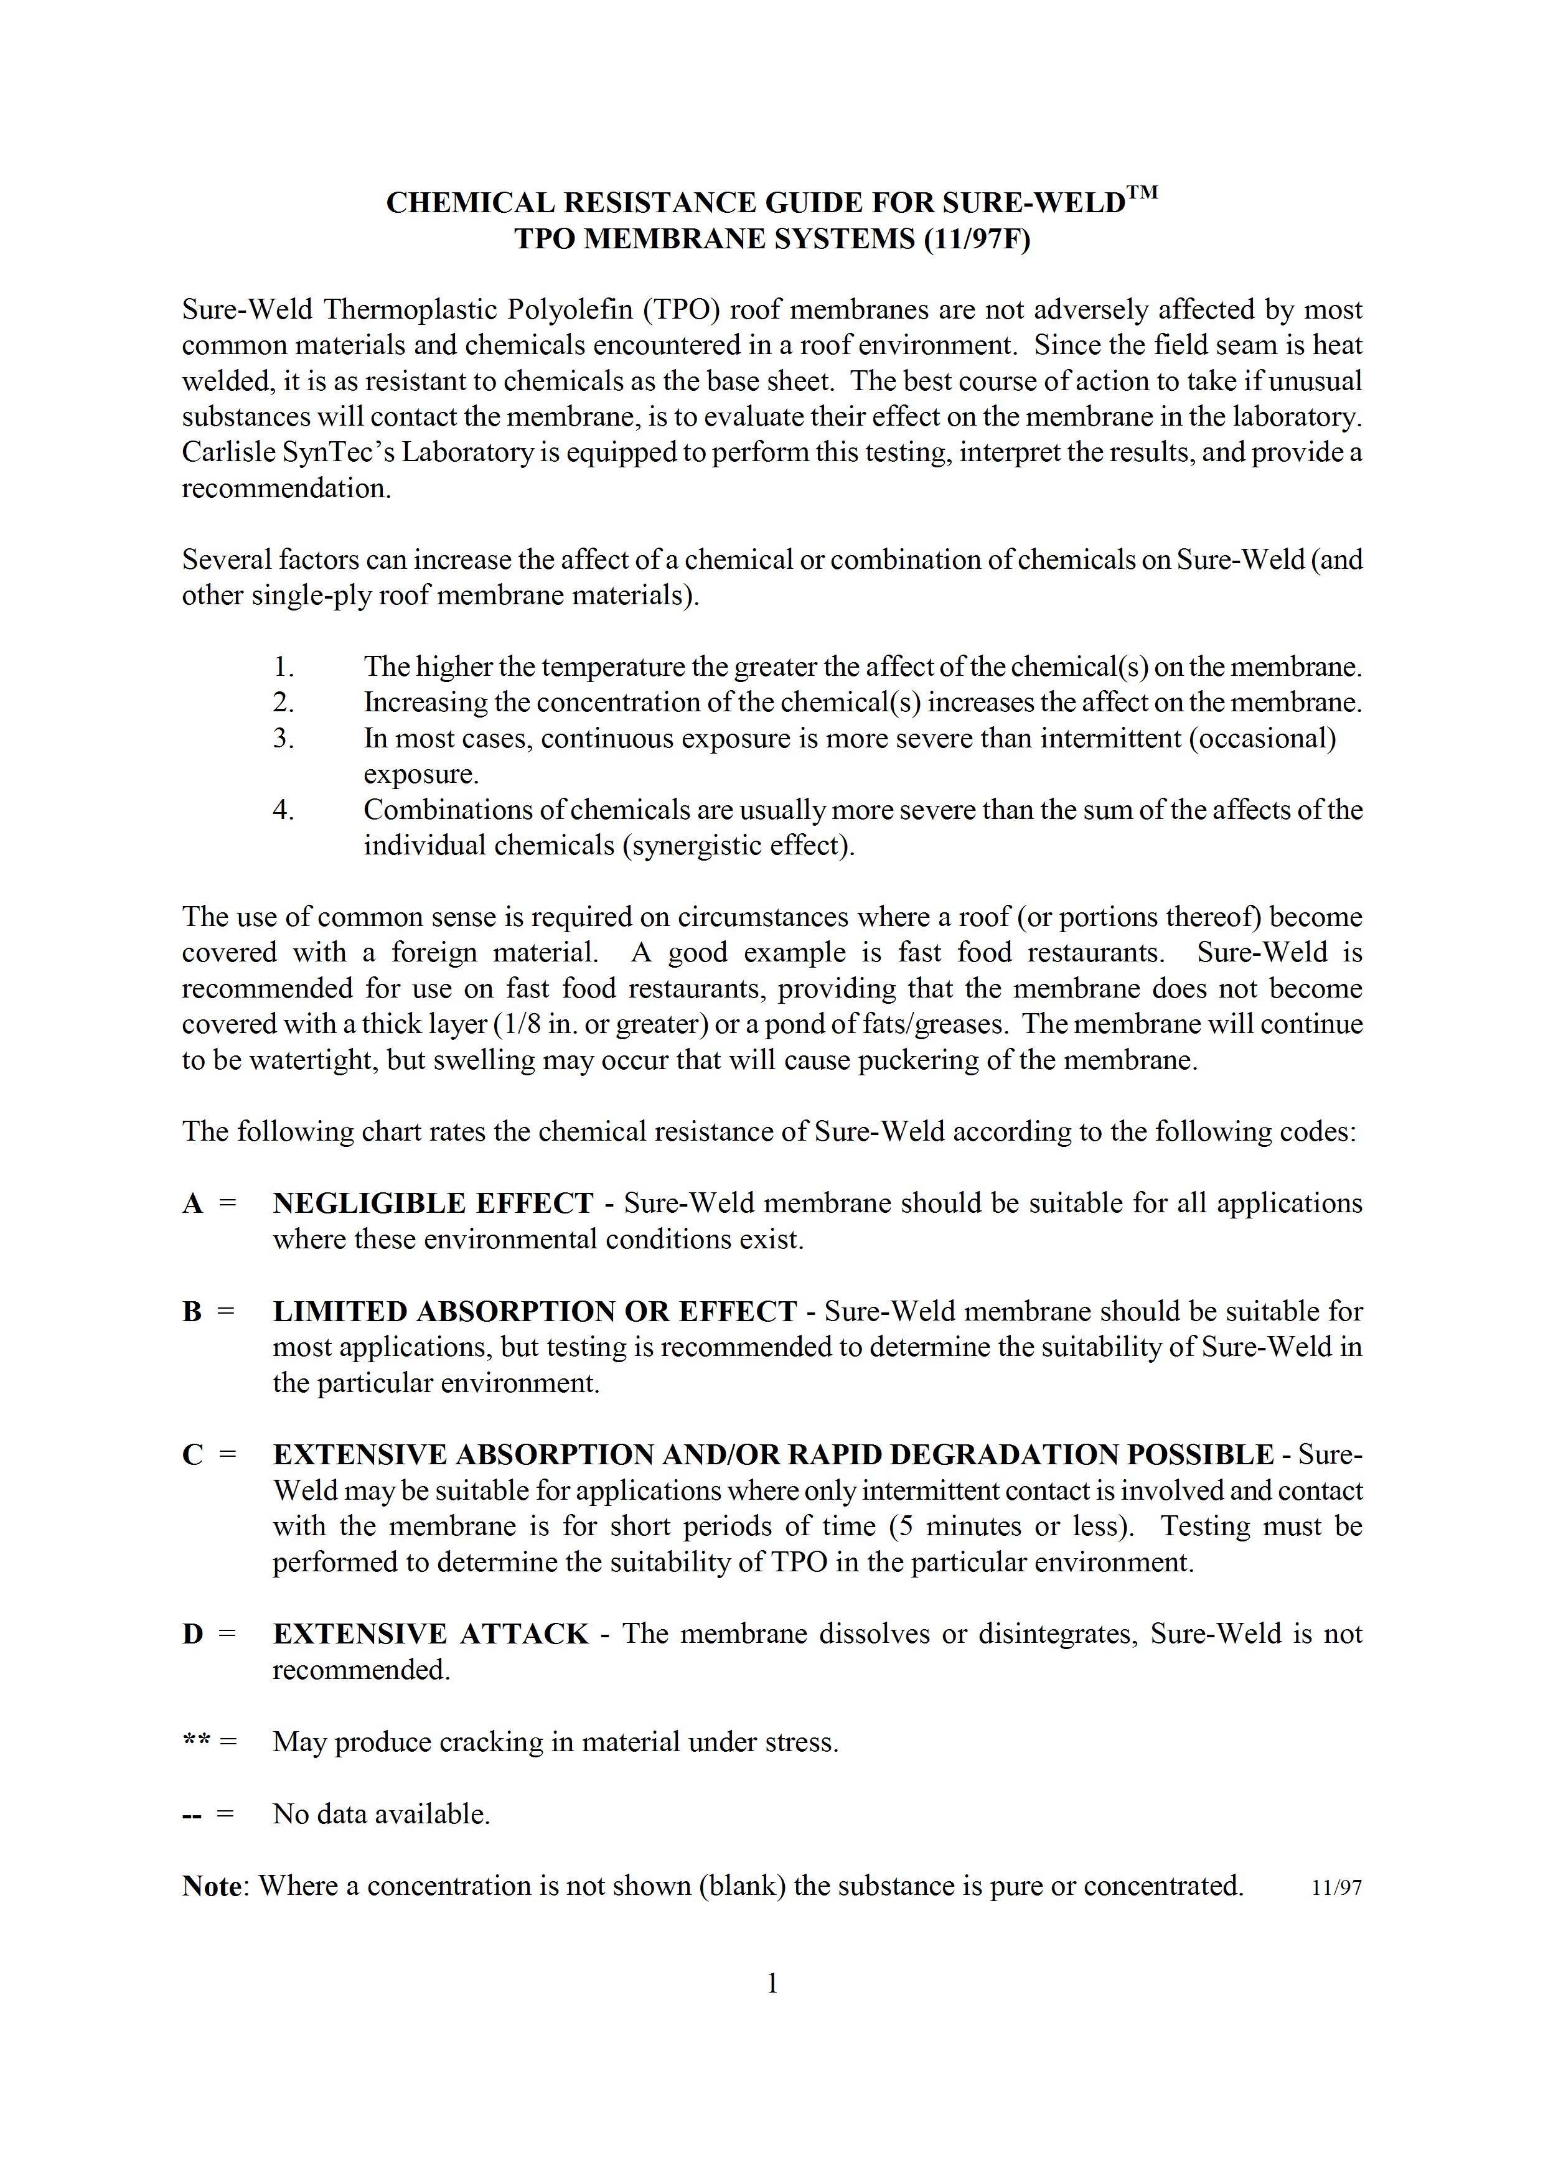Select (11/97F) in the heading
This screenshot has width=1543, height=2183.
click(x=977, y=238)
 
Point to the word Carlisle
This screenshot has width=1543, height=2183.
click(x=227, y=452)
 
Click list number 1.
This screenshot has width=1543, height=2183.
click(x=283, y=668)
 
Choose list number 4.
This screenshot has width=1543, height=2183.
click(x=283, y=810)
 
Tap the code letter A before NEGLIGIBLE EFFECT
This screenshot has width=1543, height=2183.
click(x=193, y=1204)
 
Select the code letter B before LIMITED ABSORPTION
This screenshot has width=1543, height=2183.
click(x=192, y=1312)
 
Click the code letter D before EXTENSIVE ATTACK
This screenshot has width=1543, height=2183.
click(x=193, y=1634)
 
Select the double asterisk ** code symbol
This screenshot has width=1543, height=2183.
click(x=196, y=1742)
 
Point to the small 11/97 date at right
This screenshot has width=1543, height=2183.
click(x=1336, y=1888)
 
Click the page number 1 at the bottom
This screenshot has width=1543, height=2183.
click(x=772, y=1983)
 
